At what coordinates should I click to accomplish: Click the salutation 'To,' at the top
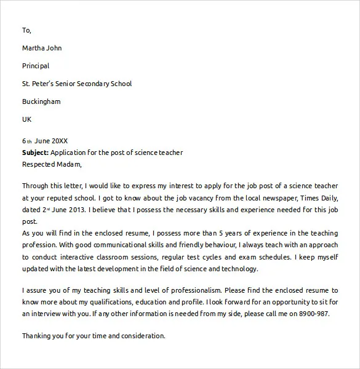26,30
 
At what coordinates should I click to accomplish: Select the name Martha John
42,48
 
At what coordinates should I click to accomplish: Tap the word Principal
36,66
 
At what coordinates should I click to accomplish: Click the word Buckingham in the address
41,101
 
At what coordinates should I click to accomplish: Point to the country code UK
27,119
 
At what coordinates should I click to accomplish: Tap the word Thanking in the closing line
38,336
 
